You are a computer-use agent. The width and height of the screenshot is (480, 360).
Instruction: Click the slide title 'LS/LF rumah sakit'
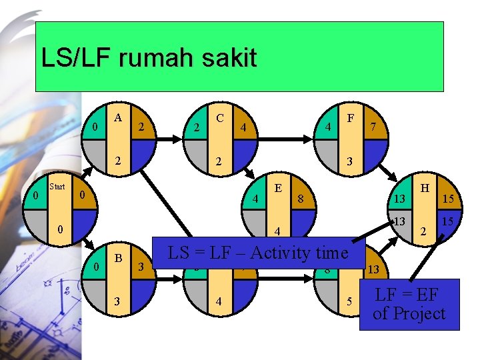(149, 58)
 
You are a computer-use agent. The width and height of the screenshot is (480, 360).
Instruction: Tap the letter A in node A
(118, 117)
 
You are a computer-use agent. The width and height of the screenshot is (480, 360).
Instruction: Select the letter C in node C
(219, 117)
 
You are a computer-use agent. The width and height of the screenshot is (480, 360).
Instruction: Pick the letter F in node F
(350, 117)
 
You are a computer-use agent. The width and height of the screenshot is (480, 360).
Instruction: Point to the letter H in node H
(423, 189)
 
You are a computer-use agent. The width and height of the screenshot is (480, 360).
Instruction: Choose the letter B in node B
(118, 257)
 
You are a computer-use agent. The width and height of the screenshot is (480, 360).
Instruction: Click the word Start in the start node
(57, 187)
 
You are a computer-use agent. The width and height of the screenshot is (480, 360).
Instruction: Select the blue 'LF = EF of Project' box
(409, 304)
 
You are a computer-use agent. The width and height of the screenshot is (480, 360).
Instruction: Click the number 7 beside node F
(374, 127)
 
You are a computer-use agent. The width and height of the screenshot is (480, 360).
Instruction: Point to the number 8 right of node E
(301, 198)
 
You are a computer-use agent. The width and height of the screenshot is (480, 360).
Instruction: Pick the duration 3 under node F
(349, 162)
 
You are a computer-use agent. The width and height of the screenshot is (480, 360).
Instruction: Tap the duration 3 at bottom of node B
(118, 301)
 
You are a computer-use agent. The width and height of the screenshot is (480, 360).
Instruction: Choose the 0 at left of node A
(96, 127)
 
